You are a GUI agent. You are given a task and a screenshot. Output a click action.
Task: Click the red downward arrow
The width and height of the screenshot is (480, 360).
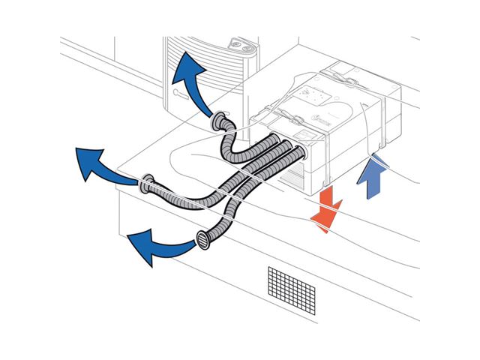click(x=327, y=208)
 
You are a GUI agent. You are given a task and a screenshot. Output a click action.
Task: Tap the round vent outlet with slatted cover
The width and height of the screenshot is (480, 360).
click(x=202, y=241)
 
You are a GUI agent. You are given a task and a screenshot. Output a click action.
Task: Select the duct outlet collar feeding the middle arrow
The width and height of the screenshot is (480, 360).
click(x=148, y=181)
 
